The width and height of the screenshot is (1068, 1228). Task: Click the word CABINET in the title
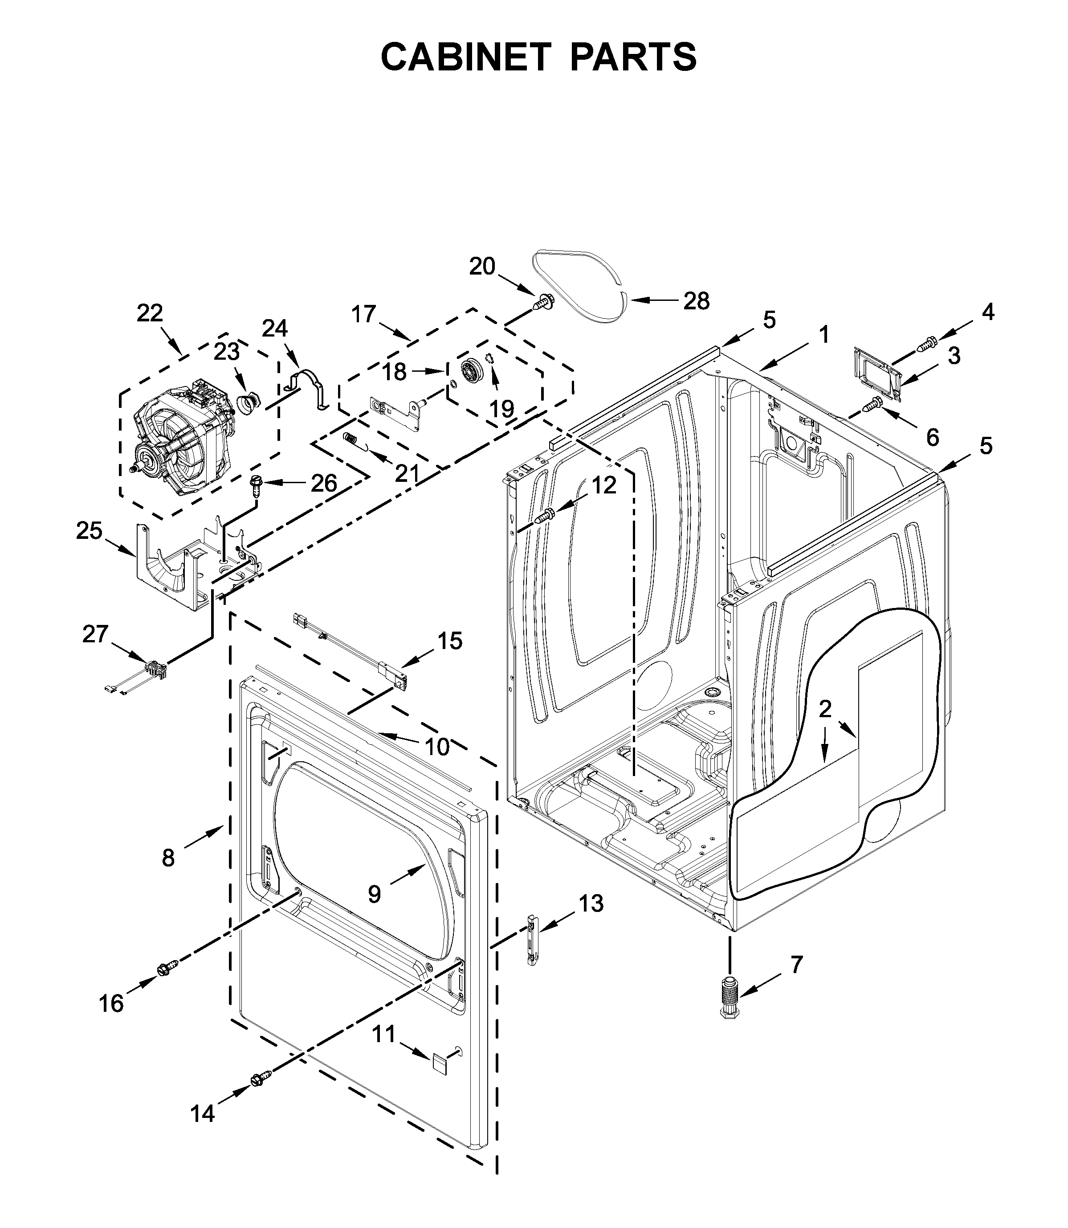pyautogui.click(x=465, y=57)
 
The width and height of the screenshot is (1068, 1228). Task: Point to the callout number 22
pyautogui.click(x=150, y=313)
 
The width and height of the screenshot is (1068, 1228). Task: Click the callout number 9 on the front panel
pyautogui.click(x=374, y=910)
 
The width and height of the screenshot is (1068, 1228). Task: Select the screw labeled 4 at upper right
pyautogui.click(x=927, y=344)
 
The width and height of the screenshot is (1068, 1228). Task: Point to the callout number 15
pyautogui.click(x=450, y=641)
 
